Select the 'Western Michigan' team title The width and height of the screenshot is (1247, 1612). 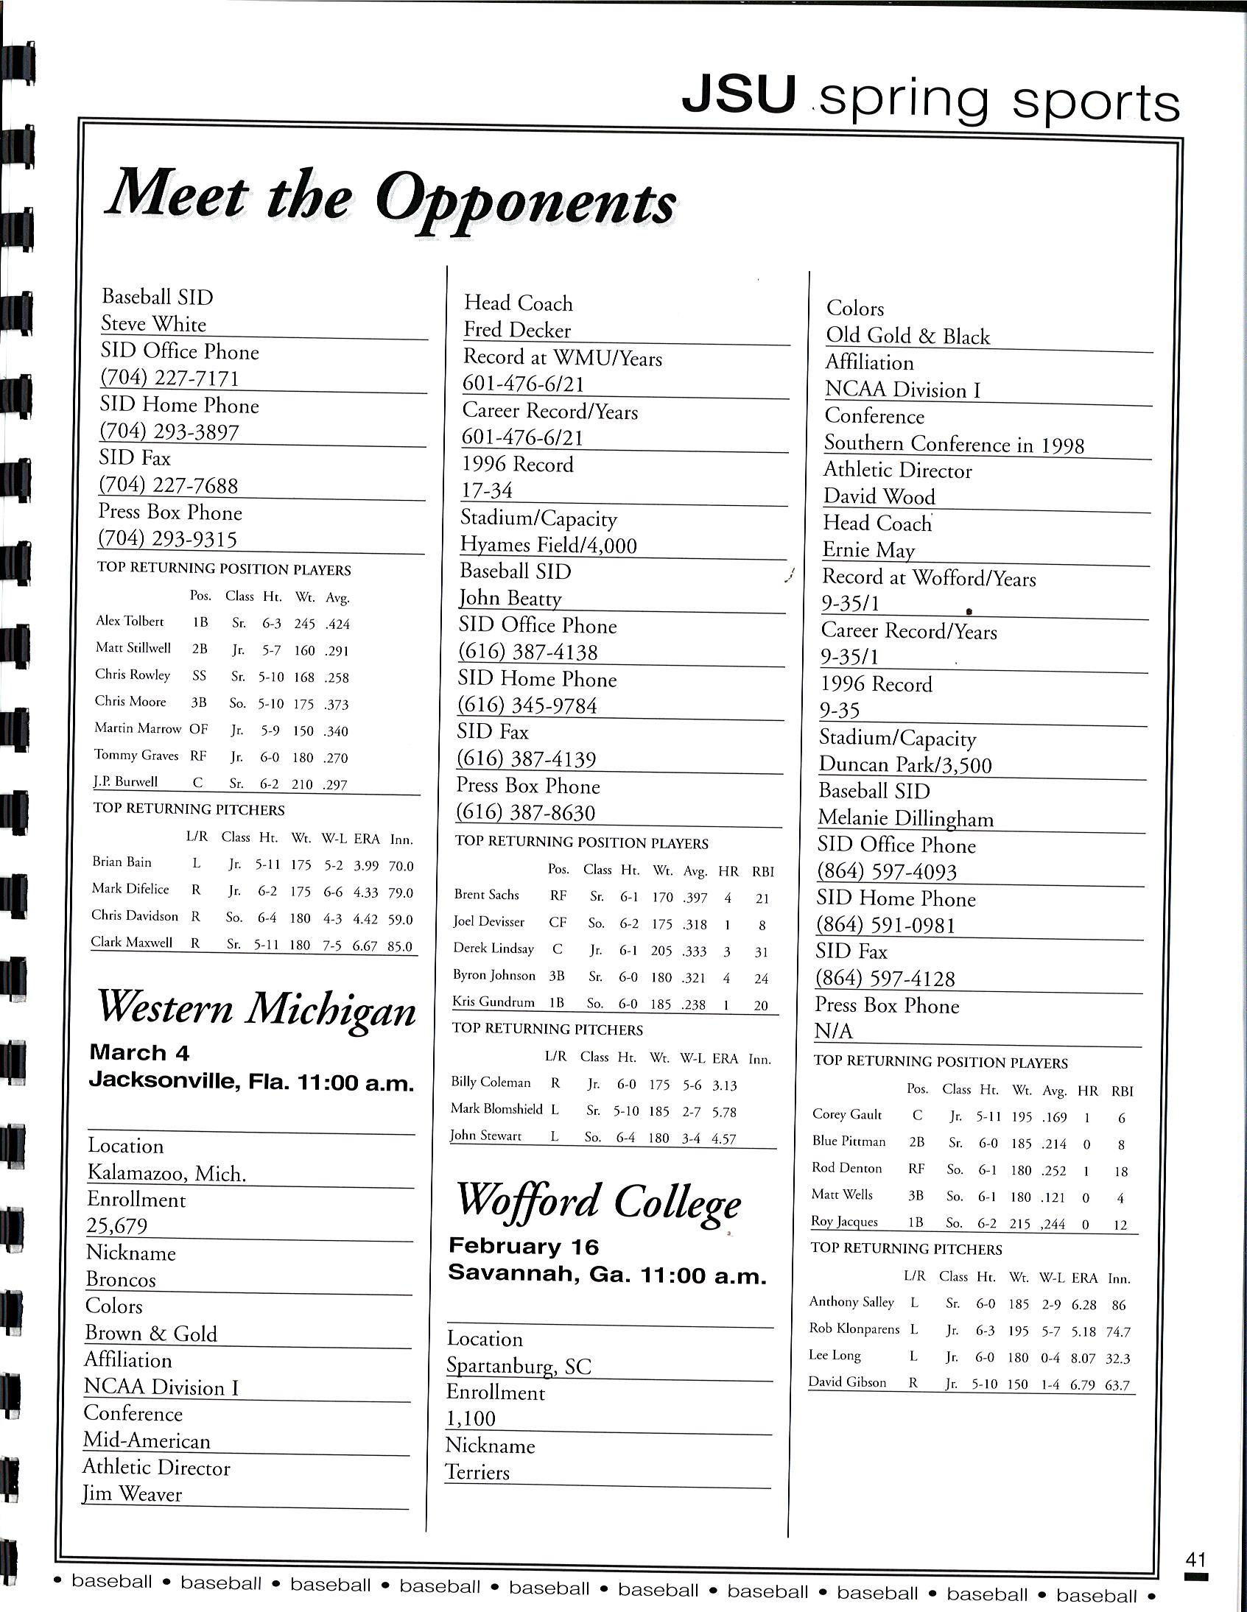[257, 1008]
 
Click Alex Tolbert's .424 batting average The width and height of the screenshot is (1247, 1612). [337, 624]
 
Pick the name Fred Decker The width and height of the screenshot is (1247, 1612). [517, 330]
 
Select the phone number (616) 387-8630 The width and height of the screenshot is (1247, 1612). [526, 813]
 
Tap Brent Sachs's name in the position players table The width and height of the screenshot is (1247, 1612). [487, 895]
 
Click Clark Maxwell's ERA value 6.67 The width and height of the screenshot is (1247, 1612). [365, 946]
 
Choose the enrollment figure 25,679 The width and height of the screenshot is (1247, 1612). [116, 1226]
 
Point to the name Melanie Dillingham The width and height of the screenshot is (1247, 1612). [905, 819]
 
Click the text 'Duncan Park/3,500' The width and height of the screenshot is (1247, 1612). [905, 764]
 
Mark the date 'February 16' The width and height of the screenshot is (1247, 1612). [524, 1247]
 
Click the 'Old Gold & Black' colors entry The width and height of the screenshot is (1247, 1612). [907, 337]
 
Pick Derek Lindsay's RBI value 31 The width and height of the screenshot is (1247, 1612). [761, 952]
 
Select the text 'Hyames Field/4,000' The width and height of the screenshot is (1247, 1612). [548, 546]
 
